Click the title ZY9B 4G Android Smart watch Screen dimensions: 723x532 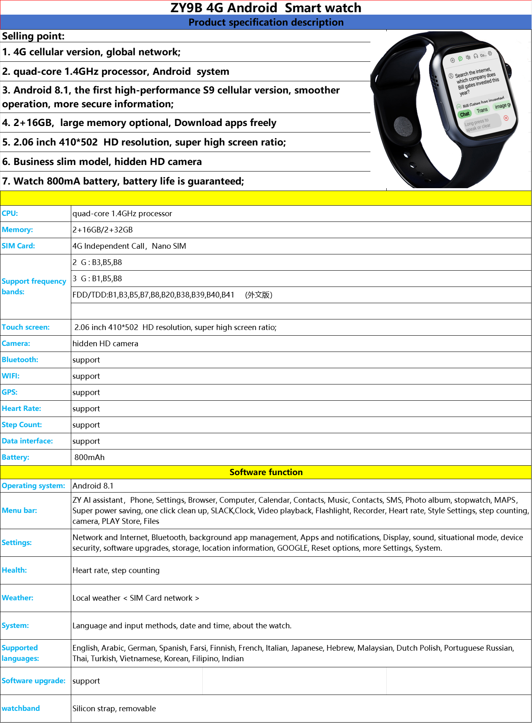coord(265,8)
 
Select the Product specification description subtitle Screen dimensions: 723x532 coord(265,22)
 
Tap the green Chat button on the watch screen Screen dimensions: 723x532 coord(464,114)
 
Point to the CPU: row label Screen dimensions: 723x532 coord(10,214)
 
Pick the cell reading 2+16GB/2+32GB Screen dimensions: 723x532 coord(103,230)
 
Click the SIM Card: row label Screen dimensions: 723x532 coord(18,246)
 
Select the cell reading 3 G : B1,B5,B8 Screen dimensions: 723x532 coord(97,279)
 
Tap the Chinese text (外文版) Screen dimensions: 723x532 coord(258,295)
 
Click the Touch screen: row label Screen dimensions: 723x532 coord(26,328)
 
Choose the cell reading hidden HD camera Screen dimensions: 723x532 coord(105,344)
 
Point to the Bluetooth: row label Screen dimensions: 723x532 coord(20,360)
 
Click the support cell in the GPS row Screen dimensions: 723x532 coord(86,393)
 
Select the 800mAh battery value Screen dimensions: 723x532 coord(90,458)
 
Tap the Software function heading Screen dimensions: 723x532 coord(266,472)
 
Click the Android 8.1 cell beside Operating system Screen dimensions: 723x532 coord(93,486)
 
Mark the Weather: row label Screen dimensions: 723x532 coord(18,598)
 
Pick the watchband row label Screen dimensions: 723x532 coord(21,709)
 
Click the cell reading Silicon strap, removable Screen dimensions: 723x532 coord(114,709)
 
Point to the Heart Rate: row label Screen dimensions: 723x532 coord(21,409)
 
